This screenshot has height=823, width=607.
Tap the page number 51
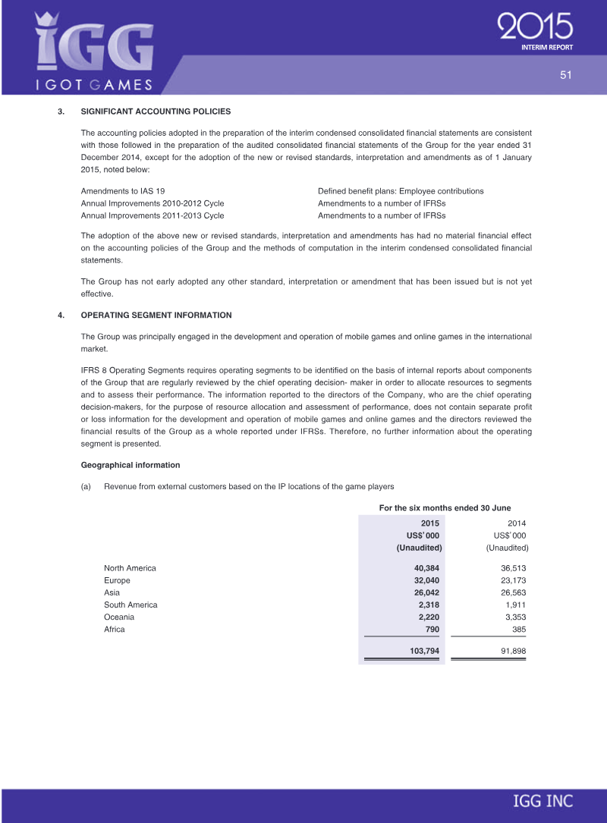565,74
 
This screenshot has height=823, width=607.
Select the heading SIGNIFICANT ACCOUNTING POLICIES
156,112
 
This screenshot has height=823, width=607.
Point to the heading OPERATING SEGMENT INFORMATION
156,315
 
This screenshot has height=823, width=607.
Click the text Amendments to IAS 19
123,191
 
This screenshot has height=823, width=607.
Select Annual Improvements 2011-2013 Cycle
153,215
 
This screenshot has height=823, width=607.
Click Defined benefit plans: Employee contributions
401,191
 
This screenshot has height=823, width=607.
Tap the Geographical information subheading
130,465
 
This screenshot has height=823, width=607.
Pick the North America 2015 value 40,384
426,568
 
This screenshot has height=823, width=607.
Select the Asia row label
112,592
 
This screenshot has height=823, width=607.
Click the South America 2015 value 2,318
429,605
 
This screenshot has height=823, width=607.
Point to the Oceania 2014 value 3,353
514,617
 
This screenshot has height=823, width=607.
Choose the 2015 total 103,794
423,652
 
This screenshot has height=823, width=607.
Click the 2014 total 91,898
511,652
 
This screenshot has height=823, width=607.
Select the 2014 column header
516,523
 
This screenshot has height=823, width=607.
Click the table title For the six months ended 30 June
444,507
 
